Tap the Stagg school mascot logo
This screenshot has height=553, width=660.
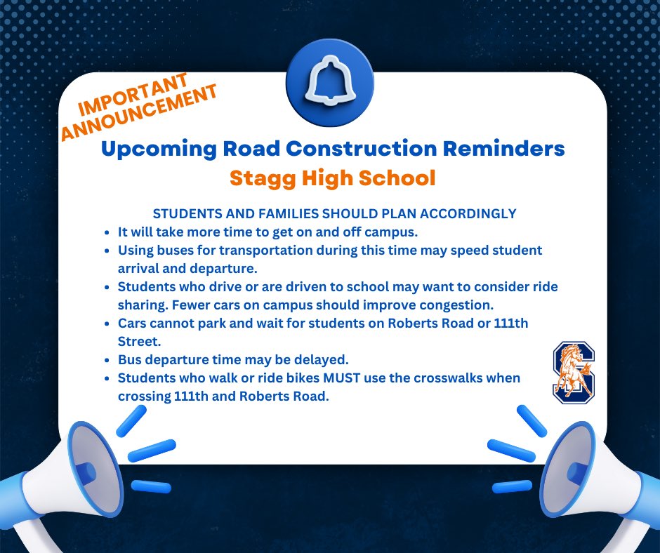pos(574,372)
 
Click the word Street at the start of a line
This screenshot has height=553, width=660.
pos(138,341)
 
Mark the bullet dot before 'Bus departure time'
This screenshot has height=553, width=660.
pos(106,360)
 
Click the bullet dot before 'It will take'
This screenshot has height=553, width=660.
pos(106,232)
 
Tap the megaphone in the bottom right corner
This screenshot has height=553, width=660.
pos(586,477)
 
